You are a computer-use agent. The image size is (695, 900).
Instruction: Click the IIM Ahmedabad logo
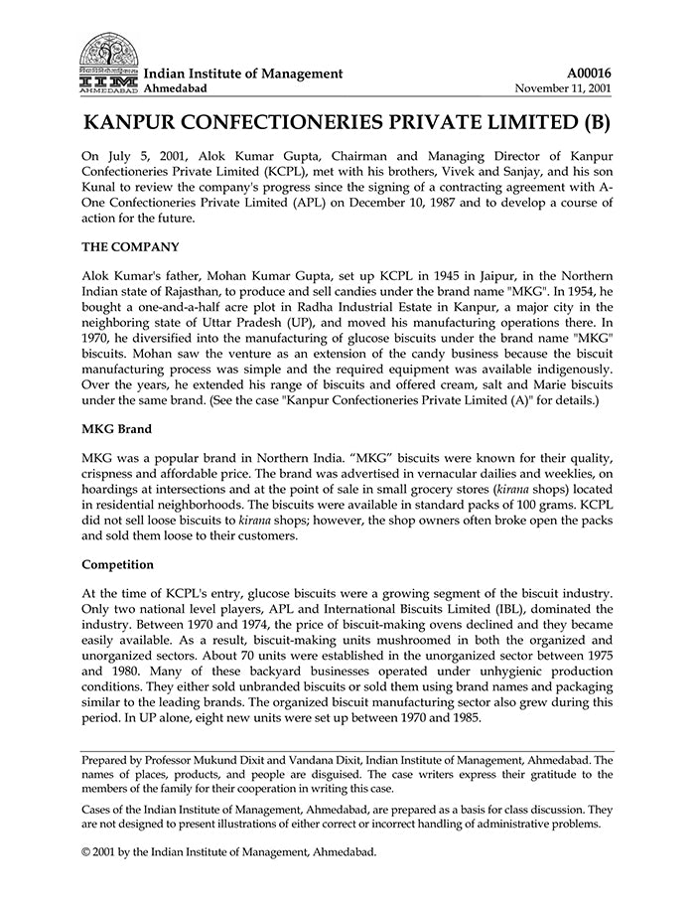pos(109,63)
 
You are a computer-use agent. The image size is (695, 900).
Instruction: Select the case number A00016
pos(589,73)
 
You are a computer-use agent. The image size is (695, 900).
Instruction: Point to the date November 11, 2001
pos(563,88)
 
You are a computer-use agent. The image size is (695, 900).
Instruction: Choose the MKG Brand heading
pos(116,428)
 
